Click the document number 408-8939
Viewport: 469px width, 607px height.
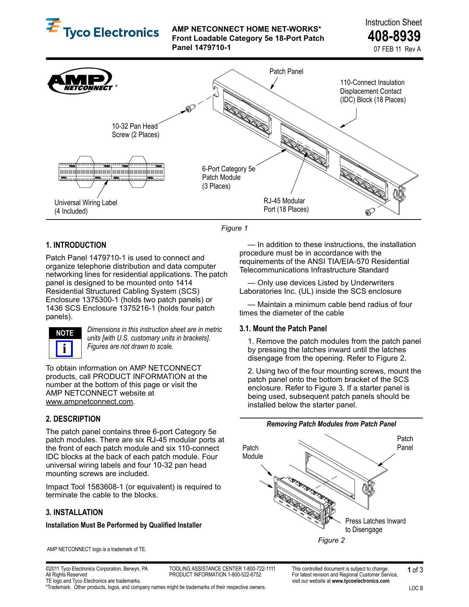tap(394, 36)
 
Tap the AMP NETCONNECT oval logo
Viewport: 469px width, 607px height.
tap(80, 81)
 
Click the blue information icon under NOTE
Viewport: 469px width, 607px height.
tap(64, 349)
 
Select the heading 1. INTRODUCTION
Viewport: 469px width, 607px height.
tap(76, 245)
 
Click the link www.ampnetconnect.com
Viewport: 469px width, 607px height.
tap(89, 401)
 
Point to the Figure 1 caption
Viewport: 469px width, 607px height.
tap(234, 228)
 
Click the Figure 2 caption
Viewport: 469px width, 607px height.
tap(331, 540)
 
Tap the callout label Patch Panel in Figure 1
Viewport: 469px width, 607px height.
tap(286, 71)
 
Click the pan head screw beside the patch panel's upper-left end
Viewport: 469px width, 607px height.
tap(190, 108)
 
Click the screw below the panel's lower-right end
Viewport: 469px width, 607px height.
tap(370, 212)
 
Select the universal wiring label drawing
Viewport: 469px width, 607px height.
tap(111, 172)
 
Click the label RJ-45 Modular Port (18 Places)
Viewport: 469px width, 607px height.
tap(286, 205)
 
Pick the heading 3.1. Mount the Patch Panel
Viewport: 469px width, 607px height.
tap(283, 329)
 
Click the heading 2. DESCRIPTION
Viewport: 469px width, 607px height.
tap(73, 419)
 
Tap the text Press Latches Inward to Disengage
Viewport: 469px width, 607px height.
tap(375, 525)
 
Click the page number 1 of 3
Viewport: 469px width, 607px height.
tap(415, 570)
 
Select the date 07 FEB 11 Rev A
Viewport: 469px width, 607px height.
tap(397, 49)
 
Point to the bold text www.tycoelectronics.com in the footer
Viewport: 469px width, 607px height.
tap(360, 581)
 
